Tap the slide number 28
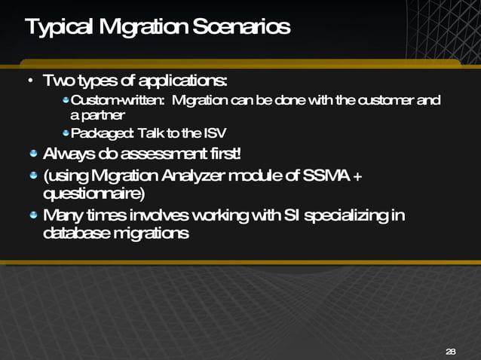click(451, 352)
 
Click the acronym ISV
click(213, 134)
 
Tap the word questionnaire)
click(95, 193)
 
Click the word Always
click(69, 154)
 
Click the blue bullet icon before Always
click(33, 155)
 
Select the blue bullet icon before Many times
click(33, 216)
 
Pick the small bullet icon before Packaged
click(66, 134)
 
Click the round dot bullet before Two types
click(29, 81)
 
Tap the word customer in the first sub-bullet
click(384, 100)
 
